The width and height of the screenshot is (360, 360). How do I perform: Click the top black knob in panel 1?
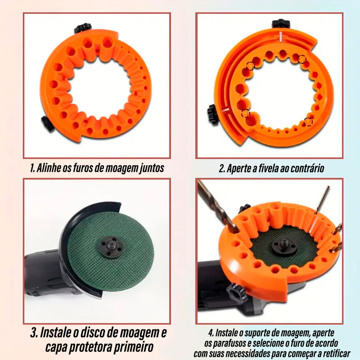(x=83, y=28)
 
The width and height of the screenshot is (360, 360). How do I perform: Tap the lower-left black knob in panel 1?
(x=48, y=124)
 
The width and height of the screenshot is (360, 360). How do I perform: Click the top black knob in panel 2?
(x=281, y=24)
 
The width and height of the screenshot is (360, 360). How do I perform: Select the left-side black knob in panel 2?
(x=213, y=114)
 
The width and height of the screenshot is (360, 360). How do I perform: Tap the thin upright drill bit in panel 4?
(x=322, y=199)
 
